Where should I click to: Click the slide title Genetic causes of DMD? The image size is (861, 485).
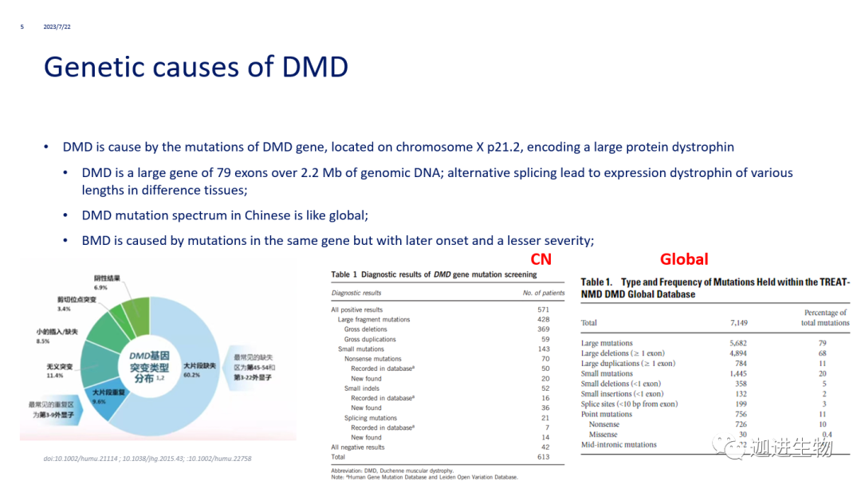[196, 66]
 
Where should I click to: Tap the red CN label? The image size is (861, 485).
[541, 259]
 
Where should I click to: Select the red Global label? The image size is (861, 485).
[684, 259]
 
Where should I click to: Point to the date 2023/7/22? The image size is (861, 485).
[57, 27]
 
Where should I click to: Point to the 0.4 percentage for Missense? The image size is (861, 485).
[827, 435]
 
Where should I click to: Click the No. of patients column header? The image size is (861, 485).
[544, 293]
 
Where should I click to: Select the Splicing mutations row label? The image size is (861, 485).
[371, 418]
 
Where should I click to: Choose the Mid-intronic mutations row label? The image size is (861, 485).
[619, 445]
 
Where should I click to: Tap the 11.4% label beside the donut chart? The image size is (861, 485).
[54, 375]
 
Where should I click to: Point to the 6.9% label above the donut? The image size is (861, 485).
[100, 287]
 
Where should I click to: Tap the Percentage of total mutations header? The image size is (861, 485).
[824, 317]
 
